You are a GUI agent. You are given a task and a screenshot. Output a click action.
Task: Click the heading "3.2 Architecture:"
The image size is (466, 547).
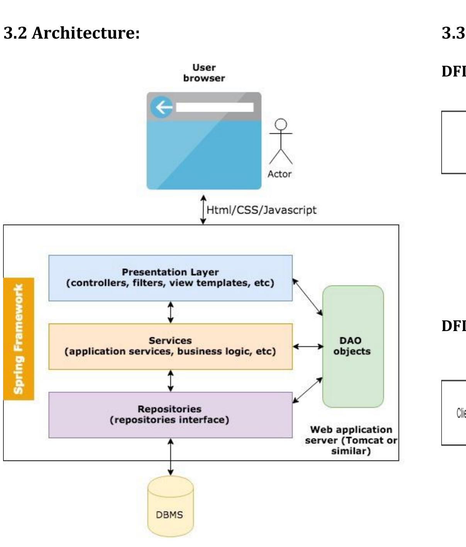[72, 33]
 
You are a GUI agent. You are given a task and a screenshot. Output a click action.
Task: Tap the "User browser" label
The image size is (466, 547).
[204, 73]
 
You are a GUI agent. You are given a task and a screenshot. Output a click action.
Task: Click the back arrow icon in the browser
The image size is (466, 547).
[162, 107]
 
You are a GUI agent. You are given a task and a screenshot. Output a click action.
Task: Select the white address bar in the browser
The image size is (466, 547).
[215, 107]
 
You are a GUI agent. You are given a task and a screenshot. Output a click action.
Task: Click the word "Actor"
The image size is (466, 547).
[280, 174]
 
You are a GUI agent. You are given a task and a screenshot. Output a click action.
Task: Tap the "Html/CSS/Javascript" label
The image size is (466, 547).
[261, 210]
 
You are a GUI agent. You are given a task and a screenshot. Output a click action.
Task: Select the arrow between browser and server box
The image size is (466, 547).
[203, 210]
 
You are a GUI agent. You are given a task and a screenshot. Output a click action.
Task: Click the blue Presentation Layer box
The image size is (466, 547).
[170, 278]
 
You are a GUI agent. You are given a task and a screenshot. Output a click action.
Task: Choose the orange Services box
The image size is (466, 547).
[170, 346]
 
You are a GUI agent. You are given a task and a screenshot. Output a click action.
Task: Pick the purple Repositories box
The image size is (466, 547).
[170, 414]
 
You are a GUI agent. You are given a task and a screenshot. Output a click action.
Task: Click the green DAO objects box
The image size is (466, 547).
[352, 346]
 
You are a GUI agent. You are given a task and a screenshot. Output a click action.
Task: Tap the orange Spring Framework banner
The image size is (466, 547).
[19, 338]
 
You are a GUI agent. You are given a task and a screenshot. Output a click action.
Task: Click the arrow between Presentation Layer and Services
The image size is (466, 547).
[170, 312]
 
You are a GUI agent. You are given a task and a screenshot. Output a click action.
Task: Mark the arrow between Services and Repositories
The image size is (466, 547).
[170, 381]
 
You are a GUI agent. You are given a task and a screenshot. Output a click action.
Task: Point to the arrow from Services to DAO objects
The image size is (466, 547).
[308, 346]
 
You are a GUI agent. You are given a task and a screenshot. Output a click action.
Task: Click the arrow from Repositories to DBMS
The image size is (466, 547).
[170, 457]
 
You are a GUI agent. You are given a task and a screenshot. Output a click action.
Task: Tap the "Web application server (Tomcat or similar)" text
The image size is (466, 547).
[351, 440]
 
